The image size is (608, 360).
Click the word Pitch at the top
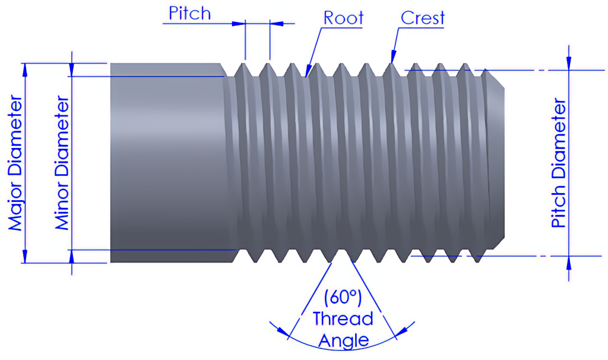(x=189, y=13)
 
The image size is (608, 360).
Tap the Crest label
(x=422, y=18)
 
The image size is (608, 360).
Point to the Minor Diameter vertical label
(x=62, y=163)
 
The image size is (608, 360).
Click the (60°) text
(x=343, y=296)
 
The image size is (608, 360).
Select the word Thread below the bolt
(x=343, y=319)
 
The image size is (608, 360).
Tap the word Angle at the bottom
(x=343, y=341)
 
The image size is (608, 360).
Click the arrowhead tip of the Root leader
(x=305, y=76)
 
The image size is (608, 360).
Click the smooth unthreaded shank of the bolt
(x=166, y=163)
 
